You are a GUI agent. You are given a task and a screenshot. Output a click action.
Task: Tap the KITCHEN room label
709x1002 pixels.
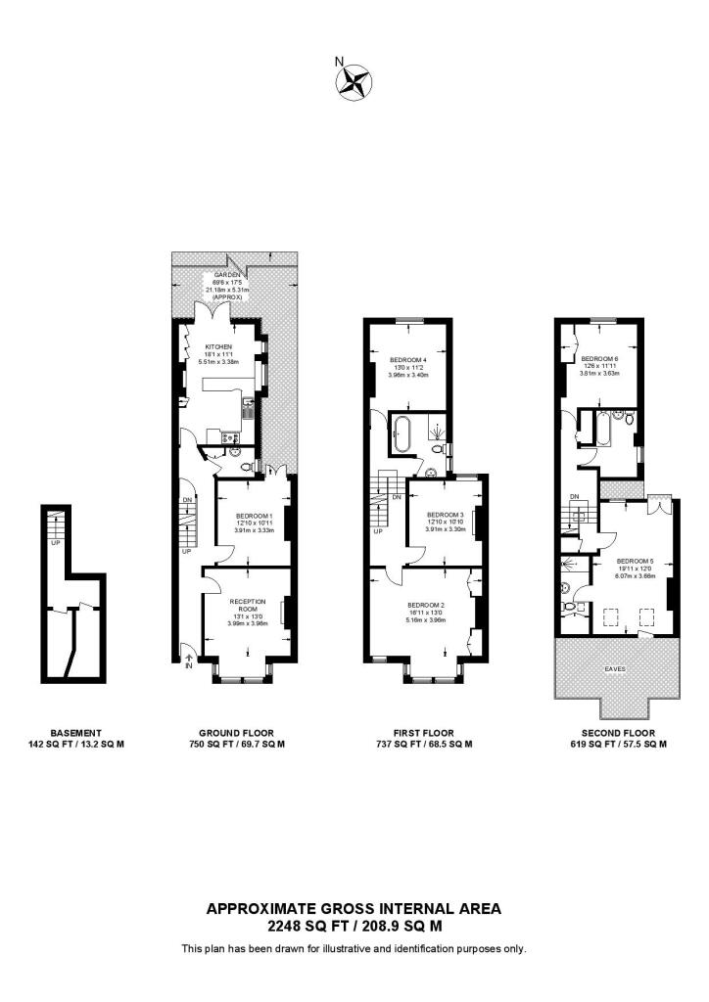tap(217, 347)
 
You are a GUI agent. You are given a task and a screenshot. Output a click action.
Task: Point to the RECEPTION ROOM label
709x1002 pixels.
tap(247, 605)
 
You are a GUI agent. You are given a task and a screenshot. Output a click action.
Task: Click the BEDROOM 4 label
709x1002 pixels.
tap(407, 359)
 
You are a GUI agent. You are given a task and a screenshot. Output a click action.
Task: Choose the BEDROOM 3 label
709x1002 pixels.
tap(446, 514)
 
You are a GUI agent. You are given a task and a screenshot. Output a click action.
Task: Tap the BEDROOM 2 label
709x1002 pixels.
tap(426, 606)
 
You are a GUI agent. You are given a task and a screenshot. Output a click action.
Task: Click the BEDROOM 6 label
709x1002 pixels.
tap(598, 358)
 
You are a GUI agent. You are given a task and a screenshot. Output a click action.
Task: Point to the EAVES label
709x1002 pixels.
tap(614, 668)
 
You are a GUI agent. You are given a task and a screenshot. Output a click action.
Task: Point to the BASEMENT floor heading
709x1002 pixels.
tap(75, 732)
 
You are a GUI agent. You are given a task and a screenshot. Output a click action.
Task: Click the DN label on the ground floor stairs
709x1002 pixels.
tap(187, 501)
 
